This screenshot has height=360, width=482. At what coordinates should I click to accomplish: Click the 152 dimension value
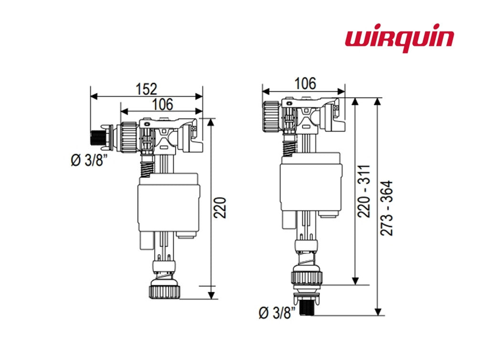tap(147, 89)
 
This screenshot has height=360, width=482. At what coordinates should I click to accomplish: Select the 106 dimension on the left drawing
tap(162, 103)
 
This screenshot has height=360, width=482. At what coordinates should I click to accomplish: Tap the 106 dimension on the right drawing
tap(305, 83)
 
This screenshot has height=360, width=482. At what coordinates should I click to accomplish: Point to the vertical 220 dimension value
tap(220, 206)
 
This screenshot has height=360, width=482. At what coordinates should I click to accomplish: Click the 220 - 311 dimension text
tap(365, 191)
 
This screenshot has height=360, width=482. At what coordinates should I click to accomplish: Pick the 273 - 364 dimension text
tap(388, 208)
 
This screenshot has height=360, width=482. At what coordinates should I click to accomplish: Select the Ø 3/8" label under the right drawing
tap(277, 312)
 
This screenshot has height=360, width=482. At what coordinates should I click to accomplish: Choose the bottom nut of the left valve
tap(165, 290)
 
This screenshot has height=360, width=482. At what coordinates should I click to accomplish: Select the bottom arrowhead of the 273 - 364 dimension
tap(378, 312)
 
